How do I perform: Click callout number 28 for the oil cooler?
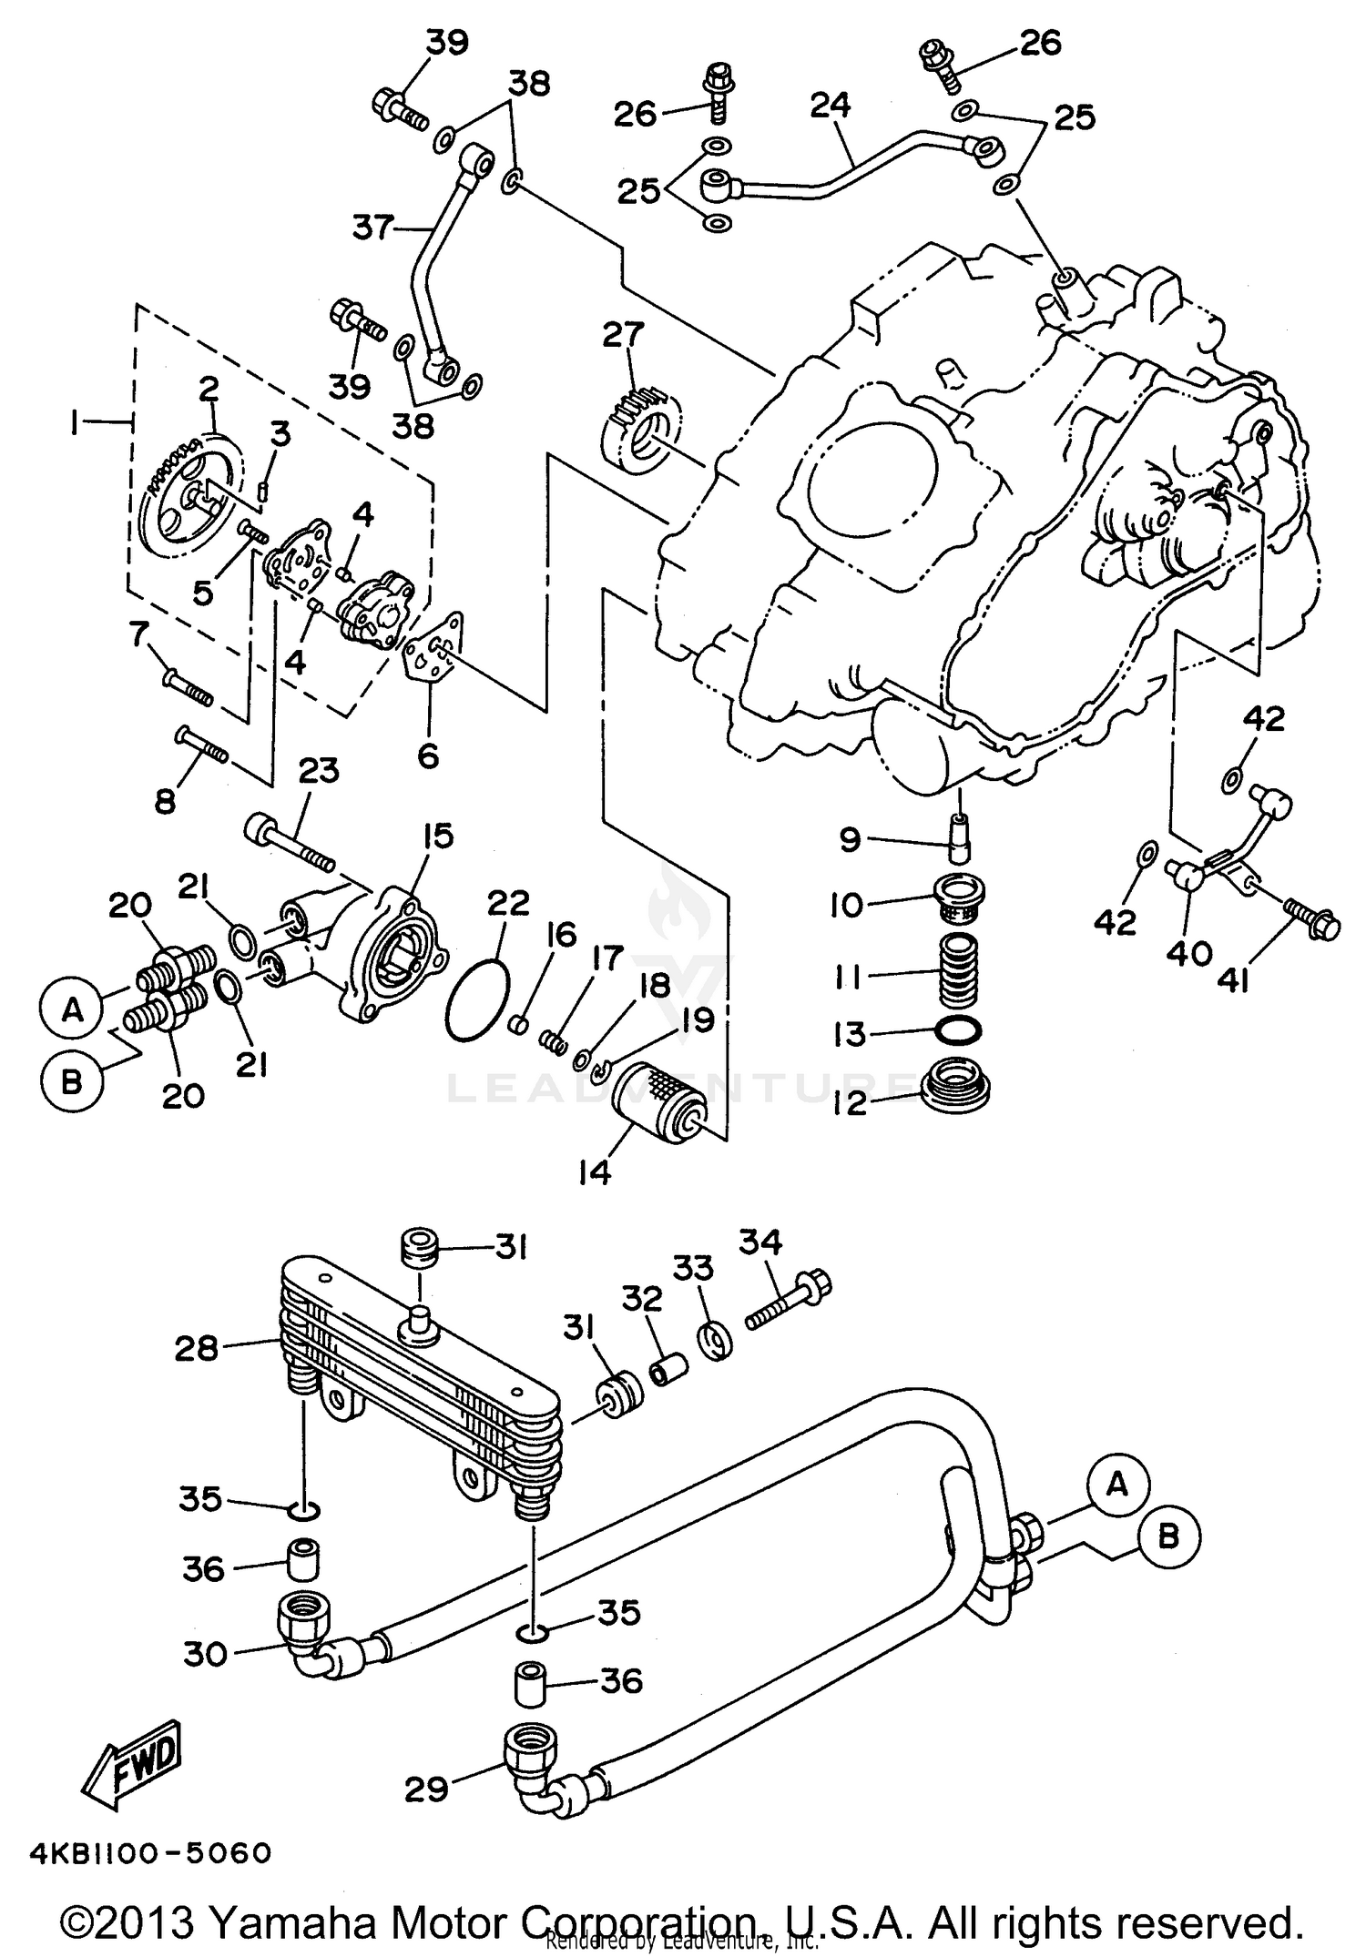click(x=196, y=1348)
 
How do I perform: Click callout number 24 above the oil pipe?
click(x=830, y=105)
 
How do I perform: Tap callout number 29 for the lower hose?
click(x=426, y=1790)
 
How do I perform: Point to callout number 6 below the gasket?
click(x=427, y=755)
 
